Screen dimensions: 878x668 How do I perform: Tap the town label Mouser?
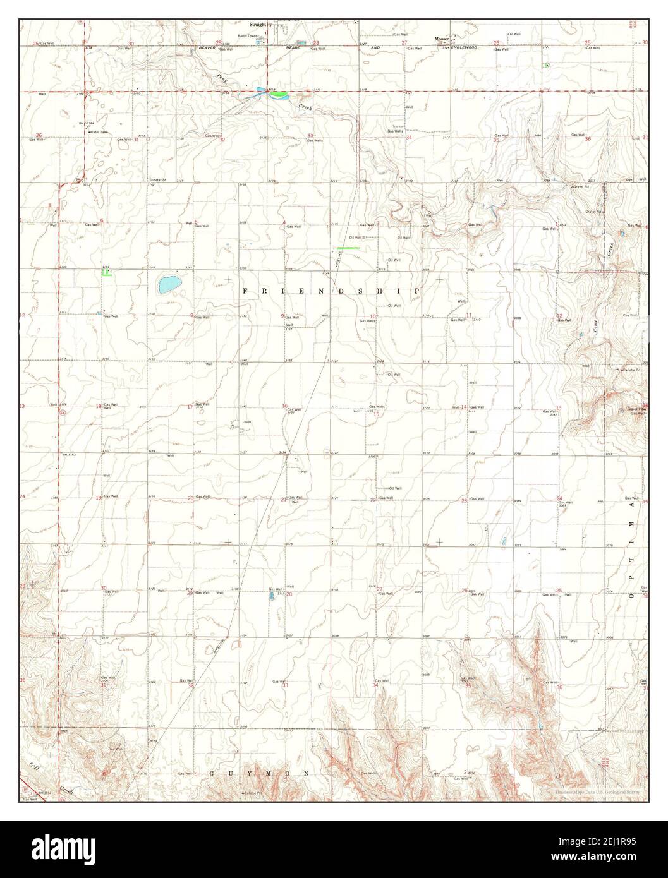pyautogui.click(x=441, y=38)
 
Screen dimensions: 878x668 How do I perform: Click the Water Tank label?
pyautogui.click(x=99, y=132)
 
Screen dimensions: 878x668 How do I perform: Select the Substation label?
pyautogui.click(x=157, y=180)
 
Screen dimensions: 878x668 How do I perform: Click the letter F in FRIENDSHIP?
pyautogui.click(x=244, y=291)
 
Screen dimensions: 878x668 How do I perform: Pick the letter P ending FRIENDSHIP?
pyautogui.click(x=418, y=291)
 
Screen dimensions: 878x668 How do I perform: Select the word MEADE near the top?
pyautogui.click(x=293, y=48)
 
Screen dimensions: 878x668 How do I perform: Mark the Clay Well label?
pyautogui.click(x=630, y=315)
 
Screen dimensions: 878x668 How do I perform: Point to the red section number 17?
pyautogui.click(x=190, y=407)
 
